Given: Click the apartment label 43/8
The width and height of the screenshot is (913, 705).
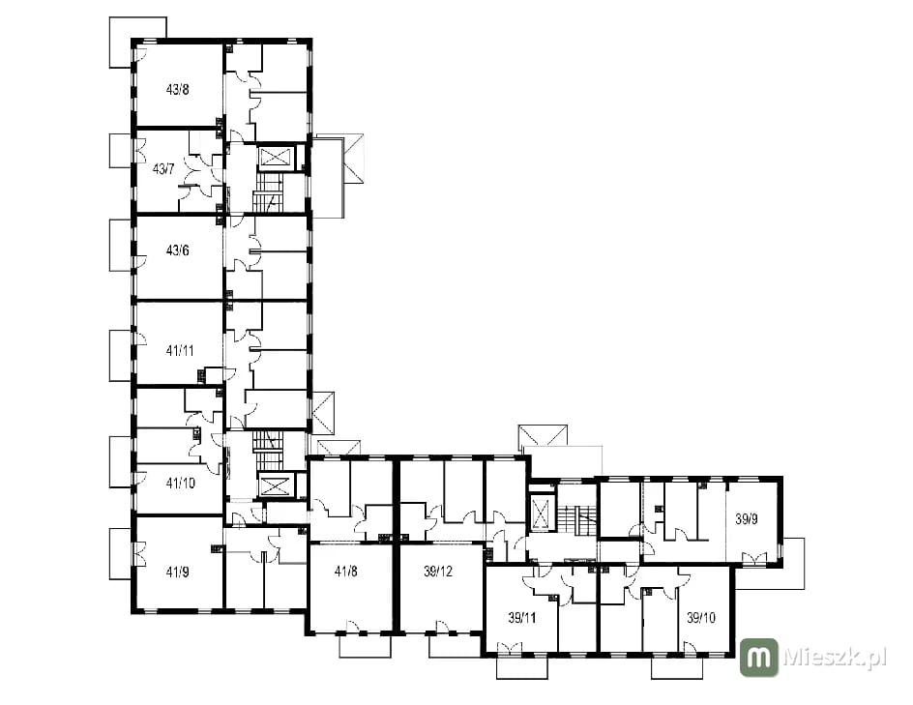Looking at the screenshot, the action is (x=178, y=90).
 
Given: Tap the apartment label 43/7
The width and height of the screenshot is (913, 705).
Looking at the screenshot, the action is (x=163, y=169).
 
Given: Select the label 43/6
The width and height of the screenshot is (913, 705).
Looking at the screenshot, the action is (x=178, y=250).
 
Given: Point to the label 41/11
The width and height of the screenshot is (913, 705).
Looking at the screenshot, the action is (x=180, y=350).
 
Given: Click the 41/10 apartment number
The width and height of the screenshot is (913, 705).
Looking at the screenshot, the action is (x=181, y=483).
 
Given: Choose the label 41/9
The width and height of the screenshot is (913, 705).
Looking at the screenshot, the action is (x=178, y=572).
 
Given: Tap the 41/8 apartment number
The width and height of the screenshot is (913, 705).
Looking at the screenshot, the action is (x=346, y=572).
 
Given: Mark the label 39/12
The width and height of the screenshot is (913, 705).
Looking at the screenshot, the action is (x=438, y=572).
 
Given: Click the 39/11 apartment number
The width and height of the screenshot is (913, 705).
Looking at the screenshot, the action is (x=521, y=618).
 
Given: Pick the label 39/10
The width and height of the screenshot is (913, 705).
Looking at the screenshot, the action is (x=701, y=618).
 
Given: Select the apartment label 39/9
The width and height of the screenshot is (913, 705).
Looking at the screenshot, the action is (x=747, y=518).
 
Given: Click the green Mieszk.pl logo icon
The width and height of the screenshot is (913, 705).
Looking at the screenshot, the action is (x=758, y=658).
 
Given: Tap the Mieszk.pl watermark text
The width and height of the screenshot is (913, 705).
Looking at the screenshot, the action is (x=835, y=658).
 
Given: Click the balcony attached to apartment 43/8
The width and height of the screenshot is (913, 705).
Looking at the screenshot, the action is (x=137, y=42).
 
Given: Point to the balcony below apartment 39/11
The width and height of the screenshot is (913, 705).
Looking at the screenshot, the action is (x=522, y=667).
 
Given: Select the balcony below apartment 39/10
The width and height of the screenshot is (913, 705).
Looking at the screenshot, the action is (x=677, y=667).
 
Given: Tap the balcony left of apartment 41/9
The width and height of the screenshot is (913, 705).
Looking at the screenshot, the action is (x=121, y=553).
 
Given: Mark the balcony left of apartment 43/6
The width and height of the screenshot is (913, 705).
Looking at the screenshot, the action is (x=121, y=245).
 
